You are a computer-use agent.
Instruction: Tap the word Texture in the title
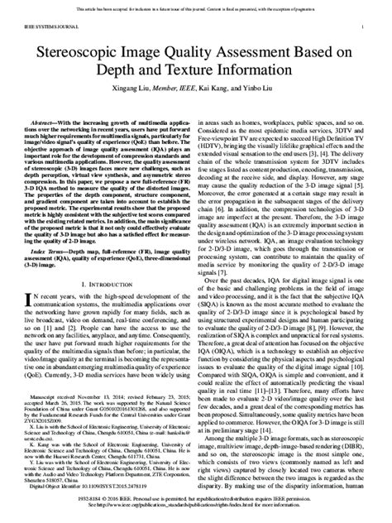(x=203, y=70)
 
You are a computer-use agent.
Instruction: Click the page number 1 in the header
(x=365, y=26)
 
